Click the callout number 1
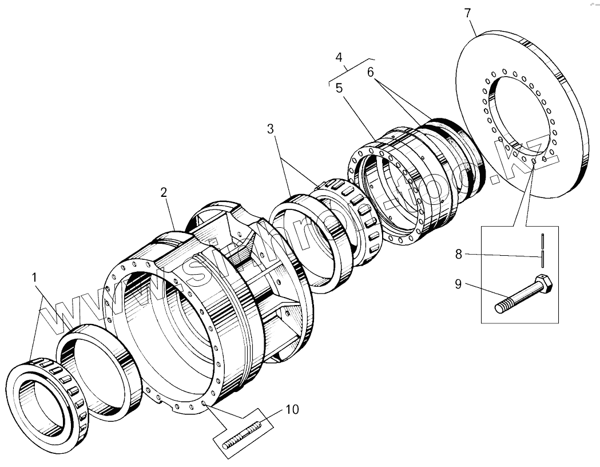[35, 278]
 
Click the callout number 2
[164, 192]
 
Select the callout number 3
[271, 129]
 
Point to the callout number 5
[339, 88]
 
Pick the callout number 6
[370, 73]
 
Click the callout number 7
[468, 13]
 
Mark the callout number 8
[458, 254]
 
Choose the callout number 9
[458, 284]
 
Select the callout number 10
[292, 409]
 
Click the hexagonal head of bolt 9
[545, 284]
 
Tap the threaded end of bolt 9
[503, 307]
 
